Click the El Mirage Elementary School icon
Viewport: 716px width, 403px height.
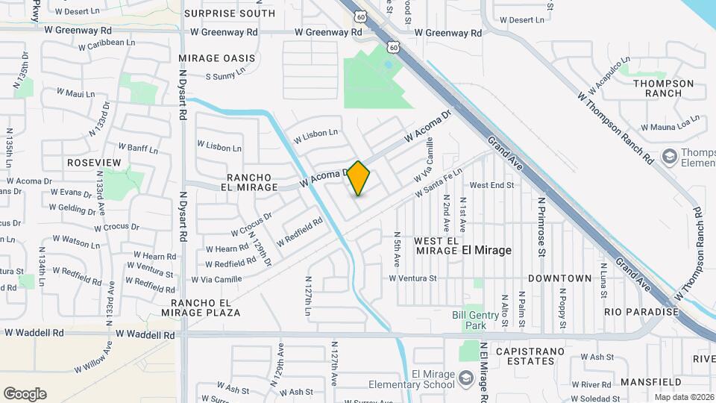(466, 376)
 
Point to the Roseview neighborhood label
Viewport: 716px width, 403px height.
(93, 162)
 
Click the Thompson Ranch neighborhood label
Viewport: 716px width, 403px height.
(664, 88)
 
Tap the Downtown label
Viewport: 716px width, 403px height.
(559, 278)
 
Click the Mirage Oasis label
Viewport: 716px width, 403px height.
(217, 58)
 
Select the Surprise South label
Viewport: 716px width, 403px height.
(229, 13)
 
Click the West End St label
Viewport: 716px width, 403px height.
(492, 185)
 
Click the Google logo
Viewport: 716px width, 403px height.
(25, 394)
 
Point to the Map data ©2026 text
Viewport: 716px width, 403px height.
(684, 397)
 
